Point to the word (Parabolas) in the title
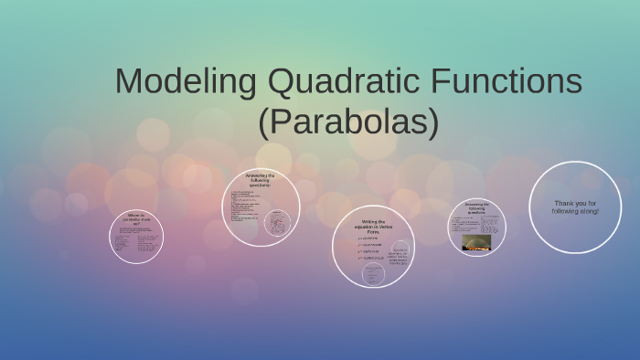click(x=348, y=122)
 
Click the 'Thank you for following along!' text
click(x=575, y=206)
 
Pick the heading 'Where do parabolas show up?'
click(x=136, y=218)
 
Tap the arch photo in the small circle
click(x=476, y=242)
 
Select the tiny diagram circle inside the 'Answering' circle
click(x=277, y=222)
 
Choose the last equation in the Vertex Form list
click(x=371, y=259)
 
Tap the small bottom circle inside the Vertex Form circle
click(x=373, y=272)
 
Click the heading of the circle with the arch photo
click(x=476, y=207)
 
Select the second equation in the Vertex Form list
click(x=370, y=244)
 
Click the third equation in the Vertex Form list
click(x=370, y=251)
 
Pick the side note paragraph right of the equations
click(x=399, y=257)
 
